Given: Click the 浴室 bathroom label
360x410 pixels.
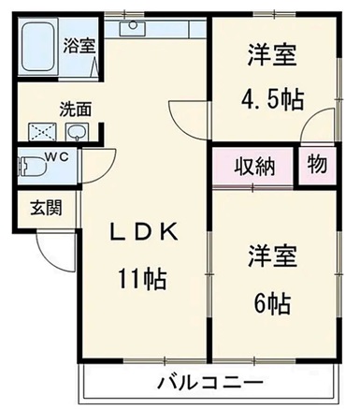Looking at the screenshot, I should coord(79,43).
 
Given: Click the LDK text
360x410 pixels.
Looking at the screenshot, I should coord(146,233).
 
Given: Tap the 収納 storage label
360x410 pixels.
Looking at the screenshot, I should coord(253,167).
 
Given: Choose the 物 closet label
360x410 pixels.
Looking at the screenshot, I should coord(318,166).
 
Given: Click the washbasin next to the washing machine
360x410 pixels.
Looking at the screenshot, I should coord(77,132).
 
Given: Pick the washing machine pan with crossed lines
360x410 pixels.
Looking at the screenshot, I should coord(42,132).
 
